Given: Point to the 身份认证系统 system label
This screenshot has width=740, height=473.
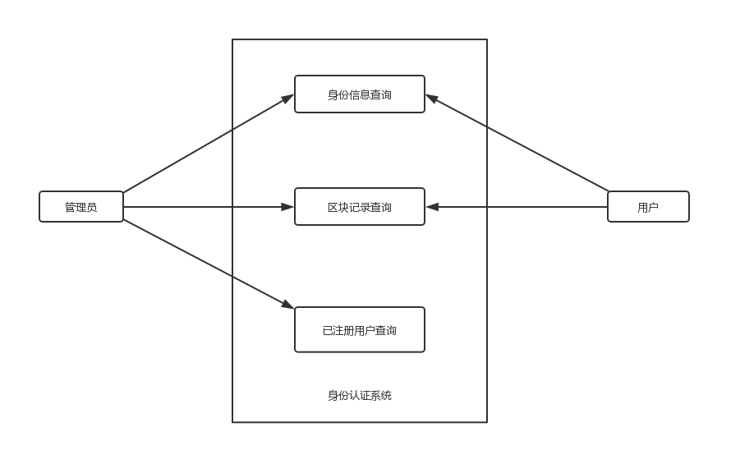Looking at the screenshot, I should click(360, 396).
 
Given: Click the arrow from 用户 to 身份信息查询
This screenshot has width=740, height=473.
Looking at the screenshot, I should click(517, 143).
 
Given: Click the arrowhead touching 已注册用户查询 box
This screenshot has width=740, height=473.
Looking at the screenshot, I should click(288, 305).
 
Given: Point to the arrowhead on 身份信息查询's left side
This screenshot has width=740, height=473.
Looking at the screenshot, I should click(287, 98).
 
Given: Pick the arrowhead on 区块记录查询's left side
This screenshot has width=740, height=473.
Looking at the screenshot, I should click(287, 207).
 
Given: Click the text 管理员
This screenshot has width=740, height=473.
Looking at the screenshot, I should click(80, 207).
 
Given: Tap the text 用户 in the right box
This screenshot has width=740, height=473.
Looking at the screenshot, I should click(648, 207).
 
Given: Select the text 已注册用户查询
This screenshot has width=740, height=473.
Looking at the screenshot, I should click(360, 330).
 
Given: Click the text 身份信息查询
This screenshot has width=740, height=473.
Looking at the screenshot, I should click(360, 94).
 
